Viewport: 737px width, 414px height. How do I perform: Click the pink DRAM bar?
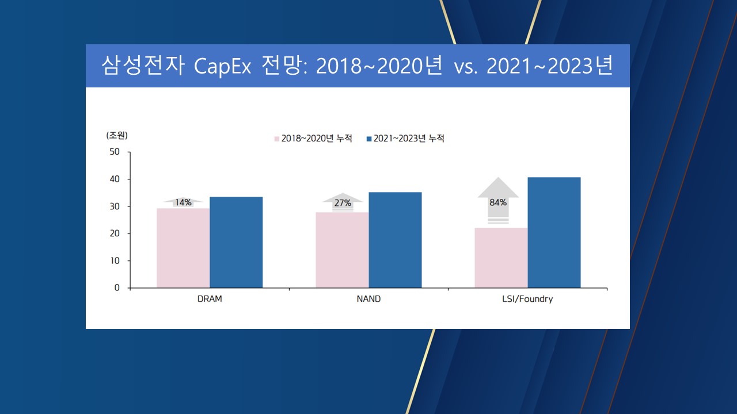click(x=183, y=248)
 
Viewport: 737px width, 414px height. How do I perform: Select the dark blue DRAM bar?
click(x=236, y=242)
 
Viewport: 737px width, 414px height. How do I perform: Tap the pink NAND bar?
click(x=342, y=250)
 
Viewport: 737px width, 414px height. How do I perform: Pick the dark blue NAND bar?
click(x=395, y=240)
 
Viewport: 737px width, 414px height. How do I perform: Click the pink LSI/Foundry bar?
click(x=501, y=258)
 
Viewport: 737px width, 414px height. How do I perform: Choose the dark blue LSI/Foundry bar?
click(x=554, y=232)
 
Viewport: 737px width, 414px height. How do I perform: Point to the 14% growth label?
click(x=183, y=202)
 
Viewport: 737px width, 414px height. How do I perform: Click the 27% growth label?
click(x=343, y=203)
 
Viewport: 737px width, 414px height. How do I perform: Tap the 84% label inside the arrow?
click(x=498, y=202)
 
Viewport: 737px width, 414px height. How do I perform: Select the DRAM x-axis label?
click(x=210, y=299)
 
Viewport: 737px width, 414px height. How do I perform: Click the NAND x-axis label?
click(x=368, y=299)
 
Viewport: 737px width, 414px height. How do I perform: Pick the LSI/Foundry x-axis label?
click(x=527, y=299)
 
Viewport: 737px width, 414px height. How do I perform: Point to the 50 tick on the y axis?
click(x=115, y=152)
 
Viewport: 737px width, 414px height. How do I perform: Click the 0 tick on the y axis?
click(x=117, y=287)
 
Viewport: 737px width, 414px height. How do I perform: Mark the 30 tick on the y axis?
click(x=115, y=206)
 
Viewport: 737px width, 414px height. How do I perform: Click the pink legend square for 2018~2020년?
click(x=276, y=139)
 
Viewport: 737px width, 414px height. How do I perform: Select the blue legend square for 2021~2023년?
click(x=368, y=139)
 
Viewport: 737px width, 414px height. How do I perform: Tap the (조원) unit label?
click(x=117, y=135)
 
